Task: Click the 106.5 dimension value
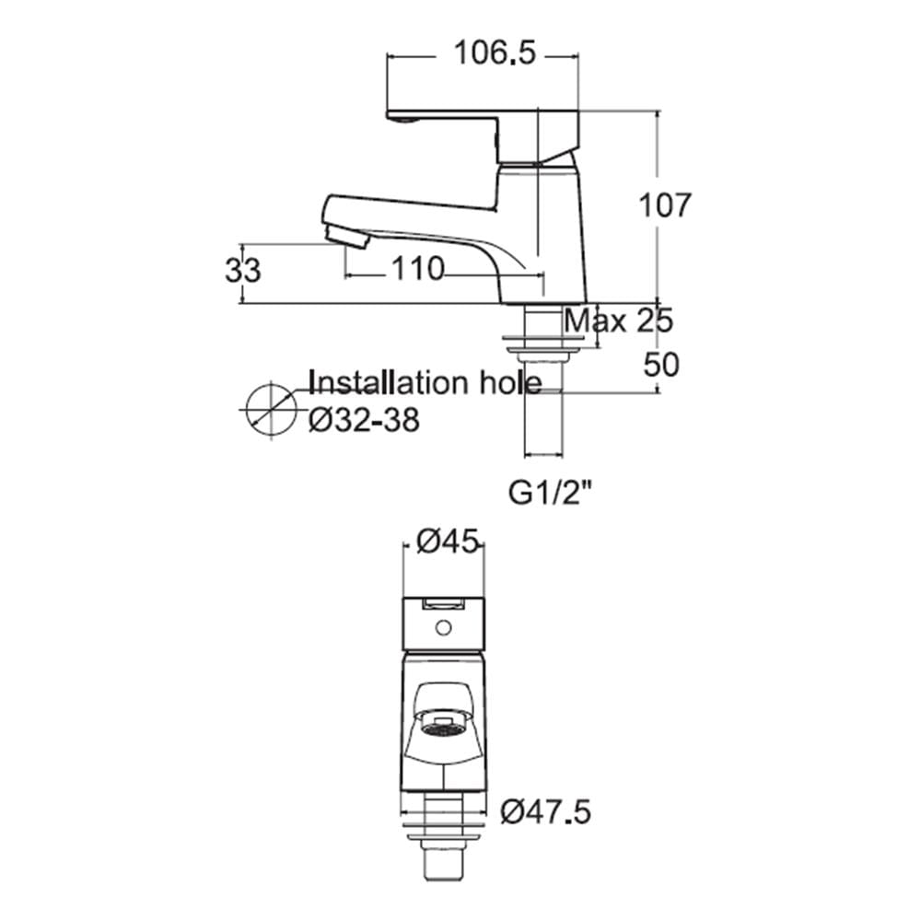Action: tap(495, 52)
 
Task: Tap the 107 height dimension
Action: tap(664, 205)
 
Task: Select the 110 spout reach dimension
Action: tap(417, 269)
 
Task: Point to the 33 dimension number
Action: tap(243, 271)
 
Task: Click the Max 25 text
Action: tap(618, 321)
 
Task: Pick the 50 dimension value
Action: tap(661, 364)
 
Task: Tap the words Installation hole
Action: tap(425, 383)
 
